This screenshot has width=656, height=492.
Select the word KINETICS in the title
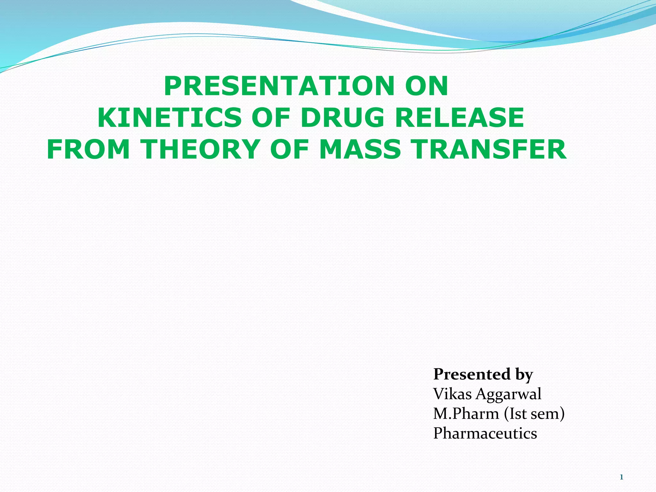(169, 118)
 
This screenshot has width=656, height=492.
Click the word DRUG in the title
(342, 118)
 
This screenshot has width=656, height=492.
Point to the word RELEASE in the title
(459, 118)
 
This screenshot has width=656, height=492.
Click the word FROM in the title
(88, 149)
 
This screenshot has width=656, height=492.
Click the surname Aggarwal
(508, 394)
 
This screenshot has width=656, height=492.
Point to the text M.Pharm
(466, 414)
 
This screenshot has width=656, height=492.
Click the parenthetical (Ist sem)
(534, 414)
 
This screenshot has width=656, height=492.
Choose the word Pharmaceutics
(485, 433)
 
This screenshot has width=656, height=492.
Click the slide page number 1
(621, 477)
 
